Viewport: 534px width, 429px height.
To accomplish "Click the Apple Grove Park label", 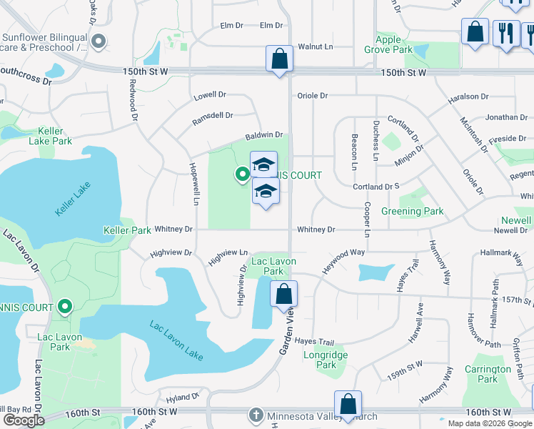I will coord(393,44).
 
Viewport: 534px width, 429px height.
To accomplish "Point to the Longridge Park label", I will coord(326,360).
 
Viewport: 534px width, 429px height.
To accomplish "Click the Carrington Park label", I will coord(488,374).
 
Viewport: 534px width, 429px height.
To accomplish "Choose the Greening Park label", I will coord(412,211).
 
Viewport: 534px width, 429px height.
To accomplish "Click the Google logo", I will coord(24,420).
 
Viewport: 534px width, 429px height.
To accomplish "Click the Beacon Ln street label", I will coord(353,152).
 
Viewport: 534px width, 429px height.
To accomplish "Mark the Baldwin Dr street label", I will coord(264,134).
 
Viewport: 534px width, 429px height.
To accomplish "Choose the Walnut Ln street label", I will coord(316,46).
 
